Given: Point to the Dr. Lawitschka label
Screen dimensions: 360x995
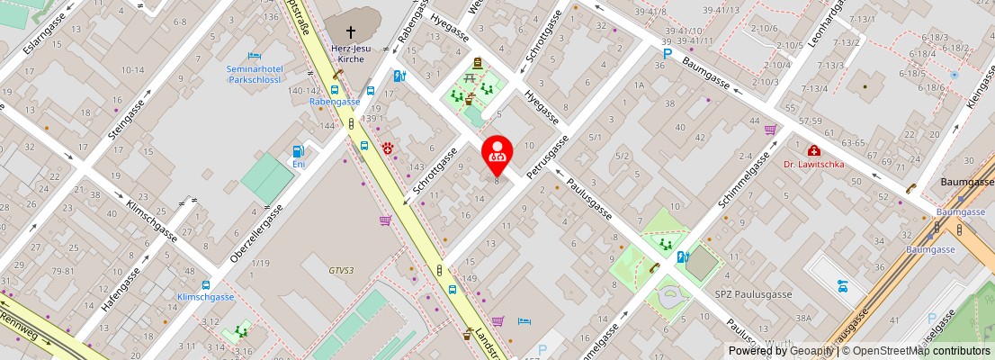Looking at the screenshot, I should point(813,165).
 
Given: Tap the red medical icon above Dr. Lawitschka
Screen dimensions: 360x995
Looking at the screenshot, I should point(813,150).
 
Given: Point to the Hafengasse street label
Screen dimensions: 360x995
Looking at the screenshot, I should point(122,287).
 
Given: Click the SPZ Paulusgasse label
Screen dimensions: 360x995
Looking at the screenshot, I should point(741,294).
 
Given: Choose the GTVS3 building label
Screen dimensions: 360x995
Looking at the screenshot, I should point(341,270).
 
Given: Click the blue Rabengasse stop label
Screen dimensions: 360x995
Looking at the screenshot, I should point(335,103).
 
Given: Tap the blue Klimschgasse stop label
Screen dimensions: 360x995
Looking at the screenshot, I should point(206,297).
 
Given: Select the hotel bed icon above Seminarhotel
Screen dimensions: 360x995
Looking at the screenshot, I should point(255,56).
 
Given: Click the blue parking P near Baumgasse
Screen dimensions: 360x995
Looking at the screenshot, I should point(667,54).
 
